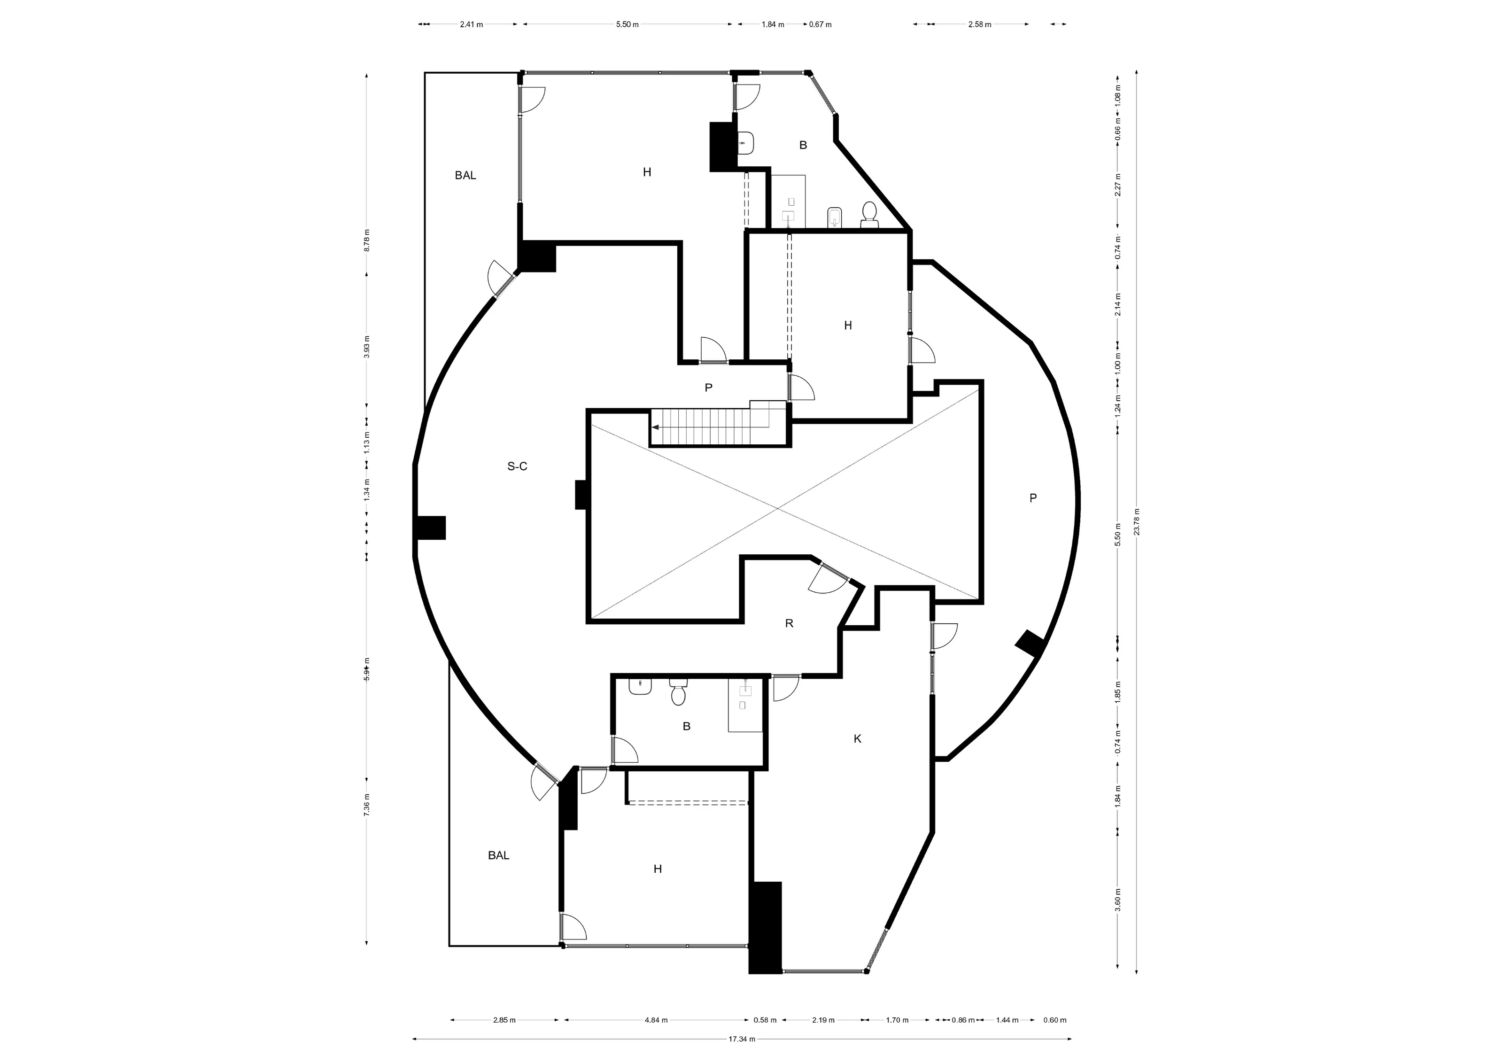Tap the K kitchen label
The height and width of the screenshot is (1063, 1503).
[858, 739]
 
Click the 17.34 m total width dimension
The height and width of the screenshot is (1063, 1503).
[742, 1039]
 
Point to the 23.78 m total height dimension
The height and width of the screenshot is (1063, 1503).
[1137, 522]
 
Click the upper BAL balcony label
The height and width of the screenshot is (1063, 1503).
[465, 175]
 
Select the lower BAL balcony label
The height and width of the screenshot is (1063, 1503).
[498, 855]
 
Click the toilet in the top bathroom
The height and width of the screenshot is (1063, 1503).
[869, 215]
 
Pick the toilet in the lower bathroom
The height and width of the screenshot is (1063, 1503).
[678, 692]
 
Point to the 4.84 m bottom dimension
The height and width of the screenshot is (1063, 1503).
[656, 1020]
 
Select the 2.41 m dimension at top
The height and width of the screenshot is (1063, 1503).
[471, 25]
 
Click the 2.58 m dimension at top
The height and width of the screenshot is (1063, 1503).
[979, 25]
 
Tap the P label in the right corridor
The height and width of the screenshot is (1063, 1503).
[1033, 498]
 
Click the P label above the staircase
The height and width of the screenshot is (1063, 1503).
[708, 388]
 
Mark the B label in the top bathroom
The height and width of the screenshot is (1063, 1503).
[803, 145]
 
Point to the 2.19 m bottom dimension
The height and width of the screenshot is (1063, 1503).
[823, 1020]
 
